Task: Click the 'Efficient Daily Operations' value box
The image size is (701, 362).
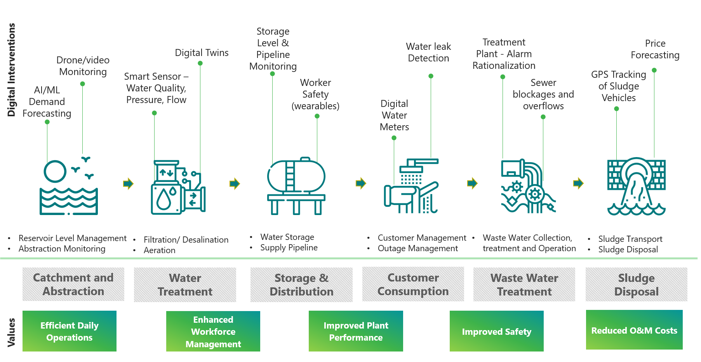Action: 70,331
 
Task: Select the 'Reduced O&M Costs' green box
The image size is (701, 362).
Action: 634,330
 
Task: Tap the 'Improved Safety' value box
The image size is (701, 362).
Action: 497,331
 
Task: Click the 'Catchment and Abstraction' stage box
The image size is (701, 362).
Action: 73,284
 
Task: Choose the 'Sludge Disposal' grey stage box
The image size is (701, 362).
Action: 637,285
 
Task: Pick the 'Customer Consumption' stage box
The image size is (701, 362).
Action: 413,284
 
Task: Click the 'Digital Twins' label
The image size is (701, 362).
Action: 202,52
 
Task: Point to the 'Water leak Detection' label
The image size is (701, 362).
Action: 428,52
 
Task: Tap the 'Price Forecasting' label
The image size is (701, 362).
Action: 655,49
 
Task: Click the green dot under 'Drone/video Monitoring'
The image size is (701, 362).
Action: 82,84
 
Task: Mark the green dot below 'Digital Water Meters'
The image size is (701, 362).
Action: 394,138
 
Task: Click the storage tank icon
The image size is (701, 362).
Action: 296,186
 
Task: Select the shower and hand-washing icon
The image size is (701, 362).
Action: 411,186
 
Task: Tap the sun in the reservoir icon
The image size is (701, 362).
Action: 55,171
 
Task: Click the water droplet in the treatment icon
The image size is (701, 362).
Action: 164,199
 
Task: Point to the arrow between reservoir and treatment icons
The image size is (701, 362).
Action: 129,184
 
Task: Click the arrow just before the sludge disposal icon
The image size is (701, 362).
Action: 579,183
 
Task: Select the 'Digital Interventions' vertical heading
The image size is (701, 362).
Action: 11,70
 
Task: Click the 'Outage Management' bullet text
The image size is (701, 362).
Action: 418,248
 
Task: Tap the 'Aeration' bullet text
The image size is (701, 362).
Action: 160,250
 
